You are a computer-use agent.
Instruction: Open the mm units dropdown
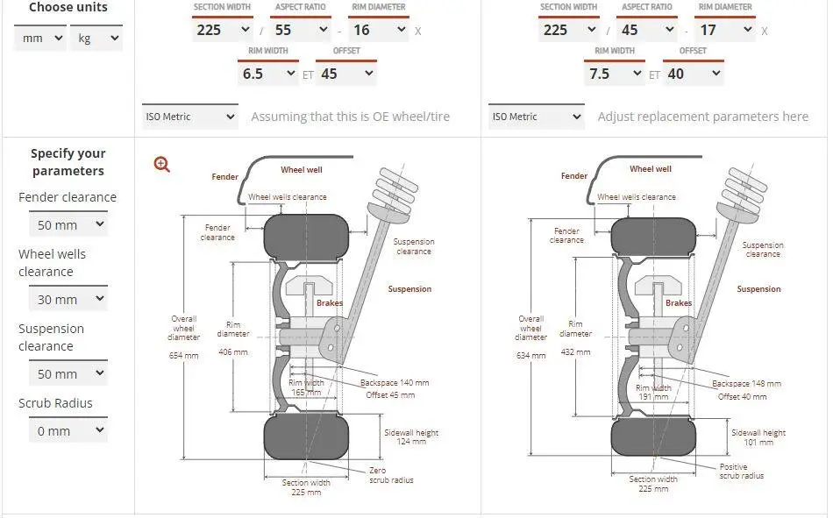(x=39, y=39)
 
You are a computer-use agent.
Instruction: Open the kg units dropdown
(x=96, y=39)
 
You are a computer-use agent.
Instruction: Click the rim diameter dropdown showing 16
(x=379, y=30)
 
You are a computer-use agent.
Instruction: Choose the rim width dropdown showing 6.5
(x=267, y=74)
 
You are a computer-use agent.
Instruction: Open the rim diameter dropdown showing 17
(x=726, y=30)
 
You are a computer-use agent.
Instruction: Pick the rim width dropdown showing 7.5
(x=614, y=74)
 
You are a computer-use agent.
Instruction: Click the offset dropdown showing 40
(x=693, y=74)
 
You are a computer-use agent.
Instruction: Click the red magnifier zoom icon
(x=162, y=164)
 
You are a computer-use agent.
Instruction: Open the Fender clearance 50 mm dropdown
(x=68, y=225)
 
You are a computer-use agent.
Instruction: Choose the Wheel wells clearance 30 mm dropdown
(x=68, y=300)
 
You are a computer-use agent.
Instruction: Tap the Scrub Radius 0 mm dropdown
(x=68, y=431)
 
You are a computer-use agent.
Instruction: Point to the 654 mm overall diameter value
(x=183, y=356)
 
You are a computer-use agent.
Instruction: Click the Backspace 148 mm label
(x=746, y=384)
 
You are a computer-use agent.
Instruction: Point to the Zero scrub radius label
(x=391, y=475)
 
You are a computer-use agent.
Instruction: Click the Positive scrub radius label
(x=742, y=472)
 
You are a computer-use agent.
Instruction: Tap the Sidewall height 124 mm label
(x=411, y=436)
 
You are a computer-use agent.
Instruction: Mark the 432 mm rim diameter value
(x=575, y=352)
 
